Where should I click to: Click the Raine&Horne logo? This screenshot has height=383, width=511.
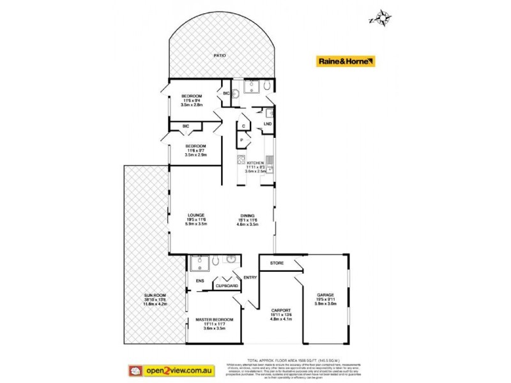coord(346,61)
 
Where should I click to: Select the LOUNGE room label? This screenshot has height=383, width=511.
coord(195,215)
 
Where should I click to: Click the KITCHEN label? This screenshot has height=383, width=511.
coord(256,163)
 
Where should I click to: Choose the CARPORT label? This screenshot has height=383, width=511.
coord(282,306)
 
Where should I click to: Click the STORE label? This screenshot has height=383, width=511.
coord(276,262)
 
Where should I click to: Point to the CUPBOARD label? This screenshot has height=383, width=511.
coord(227,287)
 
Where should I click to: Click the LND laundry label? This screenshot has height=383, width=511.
coord(268,123)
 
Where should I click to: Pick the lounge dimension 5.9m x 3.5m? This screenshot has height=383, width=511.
coord(195,223)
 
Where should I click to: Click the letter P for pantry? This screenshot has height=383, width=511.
coord(242,139)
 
